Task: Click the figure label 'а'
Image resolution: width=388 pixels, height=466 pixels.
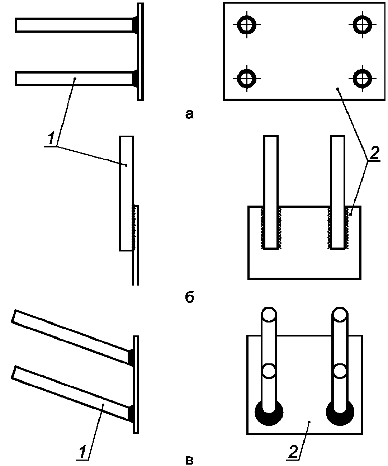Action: (x=189, y=114)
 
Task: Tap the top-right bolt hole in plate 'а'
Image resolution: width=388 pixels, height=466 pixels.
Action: (x=362, y=24)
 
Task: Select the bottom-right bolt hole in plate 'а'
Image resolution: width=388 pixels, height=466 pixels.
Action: (x=362, y=77)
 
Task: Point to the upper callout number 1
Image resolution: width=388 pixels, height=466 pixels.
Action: (x=51, y=138)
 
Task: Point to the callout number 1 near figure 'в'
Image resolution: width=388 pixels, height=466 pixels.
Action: (x=82, y=452)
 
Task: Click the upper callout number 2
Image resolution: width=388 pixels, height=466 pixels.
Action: (x=374, y=154)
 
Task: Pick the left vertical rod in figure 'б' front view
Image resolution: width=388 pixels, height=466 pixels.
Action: (x=271, y=190)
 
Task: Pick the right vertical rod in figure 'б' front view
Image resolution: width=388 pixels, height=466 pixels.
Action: (x=338, y=190)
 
